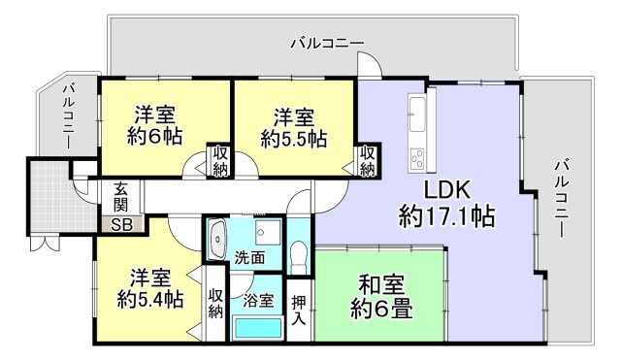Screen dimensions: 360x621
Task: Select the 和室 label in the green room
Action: coord(379,286)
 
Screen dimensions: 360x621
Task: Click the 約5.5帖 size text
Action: coord(293,139)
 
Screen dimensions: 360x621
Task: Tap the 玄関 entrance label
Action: coord(122,198)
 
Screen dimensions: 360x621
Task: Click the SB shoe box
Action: coord(122,224)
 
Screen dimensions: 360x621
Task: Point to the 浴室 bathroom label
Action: coord(258,300)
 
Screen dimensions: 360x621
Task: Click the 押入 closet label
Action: coord(300,310)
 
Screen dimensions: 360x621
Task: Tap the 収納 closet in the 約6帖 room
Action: coord(219,159)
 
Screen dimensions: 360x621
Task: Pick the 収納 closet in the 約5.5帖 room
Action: coord(368,159)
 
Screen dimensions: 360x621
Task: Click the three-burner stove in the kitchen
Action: coord(418,155)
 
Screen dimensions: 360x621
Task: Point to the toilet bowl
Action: coord(300,257)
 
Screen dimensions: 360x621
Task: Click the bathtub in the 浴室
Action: coord(259,327)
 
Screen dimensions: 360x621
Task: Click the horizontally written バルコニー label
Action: coord(327,44)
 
